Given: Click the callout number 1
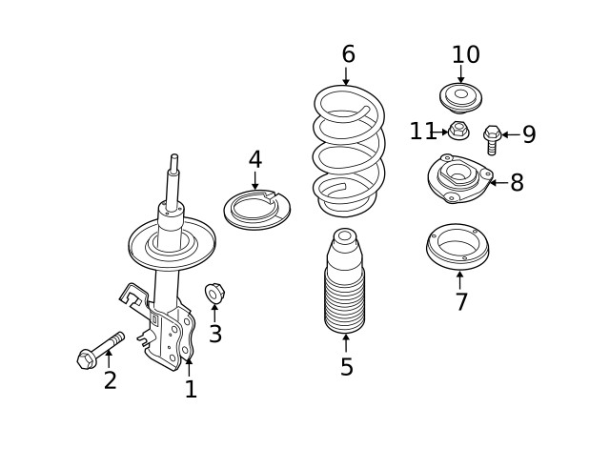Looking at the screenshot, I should (191, 389).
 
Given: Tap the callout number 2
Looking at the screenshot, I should (111, 381).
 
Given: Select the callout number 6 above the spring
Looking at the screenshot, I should (348, 54).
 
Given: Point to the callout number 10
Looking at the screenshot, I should (465, 55).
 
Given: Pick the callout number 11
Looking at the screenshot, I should (422, 132).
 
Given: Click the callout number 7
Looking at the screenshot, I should (461, 302).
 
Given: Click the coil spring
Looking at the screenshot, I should (349, 153).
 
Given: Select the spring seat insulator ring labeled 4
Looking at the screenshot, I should (256, 210).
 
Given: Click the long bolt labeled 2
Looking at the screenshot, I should (100, 350).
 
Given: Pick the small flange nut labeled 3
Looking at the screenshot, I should (214, 293).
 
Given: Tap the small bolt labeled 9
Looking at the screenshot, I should (492, 139).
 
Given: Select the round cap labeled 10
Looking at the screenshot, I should (460, 96).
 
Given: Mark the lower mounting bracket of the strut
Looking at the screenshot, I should (172, 334).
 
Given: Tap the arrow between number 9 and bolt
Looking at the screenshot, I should (510, 134).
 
